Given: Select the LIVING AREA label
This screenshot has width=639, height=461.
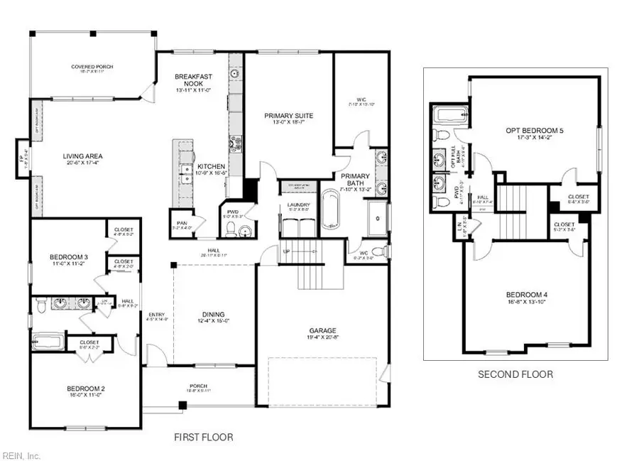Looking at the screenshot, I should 62,159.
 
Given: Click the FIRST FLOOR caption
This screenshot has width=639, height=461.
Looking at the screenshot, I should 204,438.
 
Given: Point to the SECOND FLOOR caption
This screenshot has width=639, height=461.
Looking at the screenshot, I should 515,374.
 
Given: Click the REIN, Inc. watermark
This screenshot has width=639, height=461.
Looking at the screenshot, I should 22,455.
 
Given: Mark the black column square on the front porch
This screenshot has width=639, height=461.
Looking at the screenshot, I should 182,405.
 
